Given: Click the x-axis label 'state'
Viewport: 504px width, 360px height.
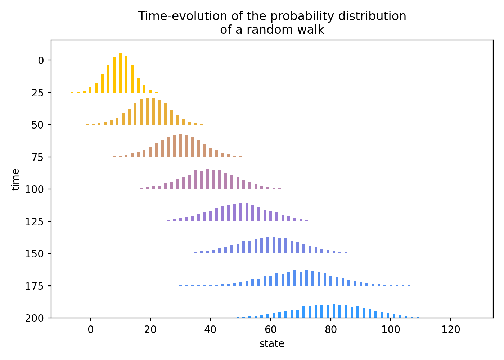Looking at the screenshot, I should coord(272,344).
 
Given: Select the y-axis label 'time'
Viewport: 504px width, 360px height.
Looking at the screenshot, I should coord(15,179).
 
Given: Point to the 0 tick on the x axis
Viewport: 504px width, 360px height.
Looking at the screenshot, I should coord(90,330).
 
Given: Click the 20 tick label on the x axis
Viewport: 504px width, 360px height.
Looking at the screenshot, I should coord(150,330).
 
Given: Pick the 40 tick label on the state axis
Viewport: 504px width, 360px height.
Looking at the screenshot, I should coord(211,330).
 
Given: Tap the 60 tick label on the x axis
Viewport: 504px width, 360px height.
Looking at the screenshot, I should coord(271,330).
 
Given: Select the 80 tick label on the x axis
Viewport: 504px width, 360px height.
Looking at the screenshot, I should coord(331,330).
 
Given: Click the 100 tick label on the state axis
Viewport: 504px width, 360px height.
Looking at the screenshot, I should coord(391,330).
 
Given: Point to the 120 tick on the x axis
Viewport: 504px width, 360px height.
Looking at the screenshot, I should coord(451,330).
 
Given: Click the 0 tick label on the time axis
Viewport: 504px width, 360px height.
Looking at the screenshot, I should coord(40,60).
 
